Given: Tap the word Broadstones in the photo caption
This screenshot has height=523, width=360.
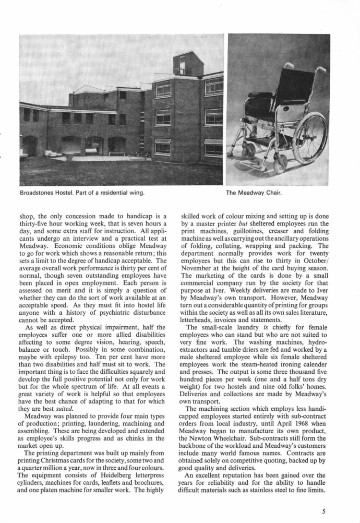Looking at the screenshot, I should pyautogui.click(x=37, y=193).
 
